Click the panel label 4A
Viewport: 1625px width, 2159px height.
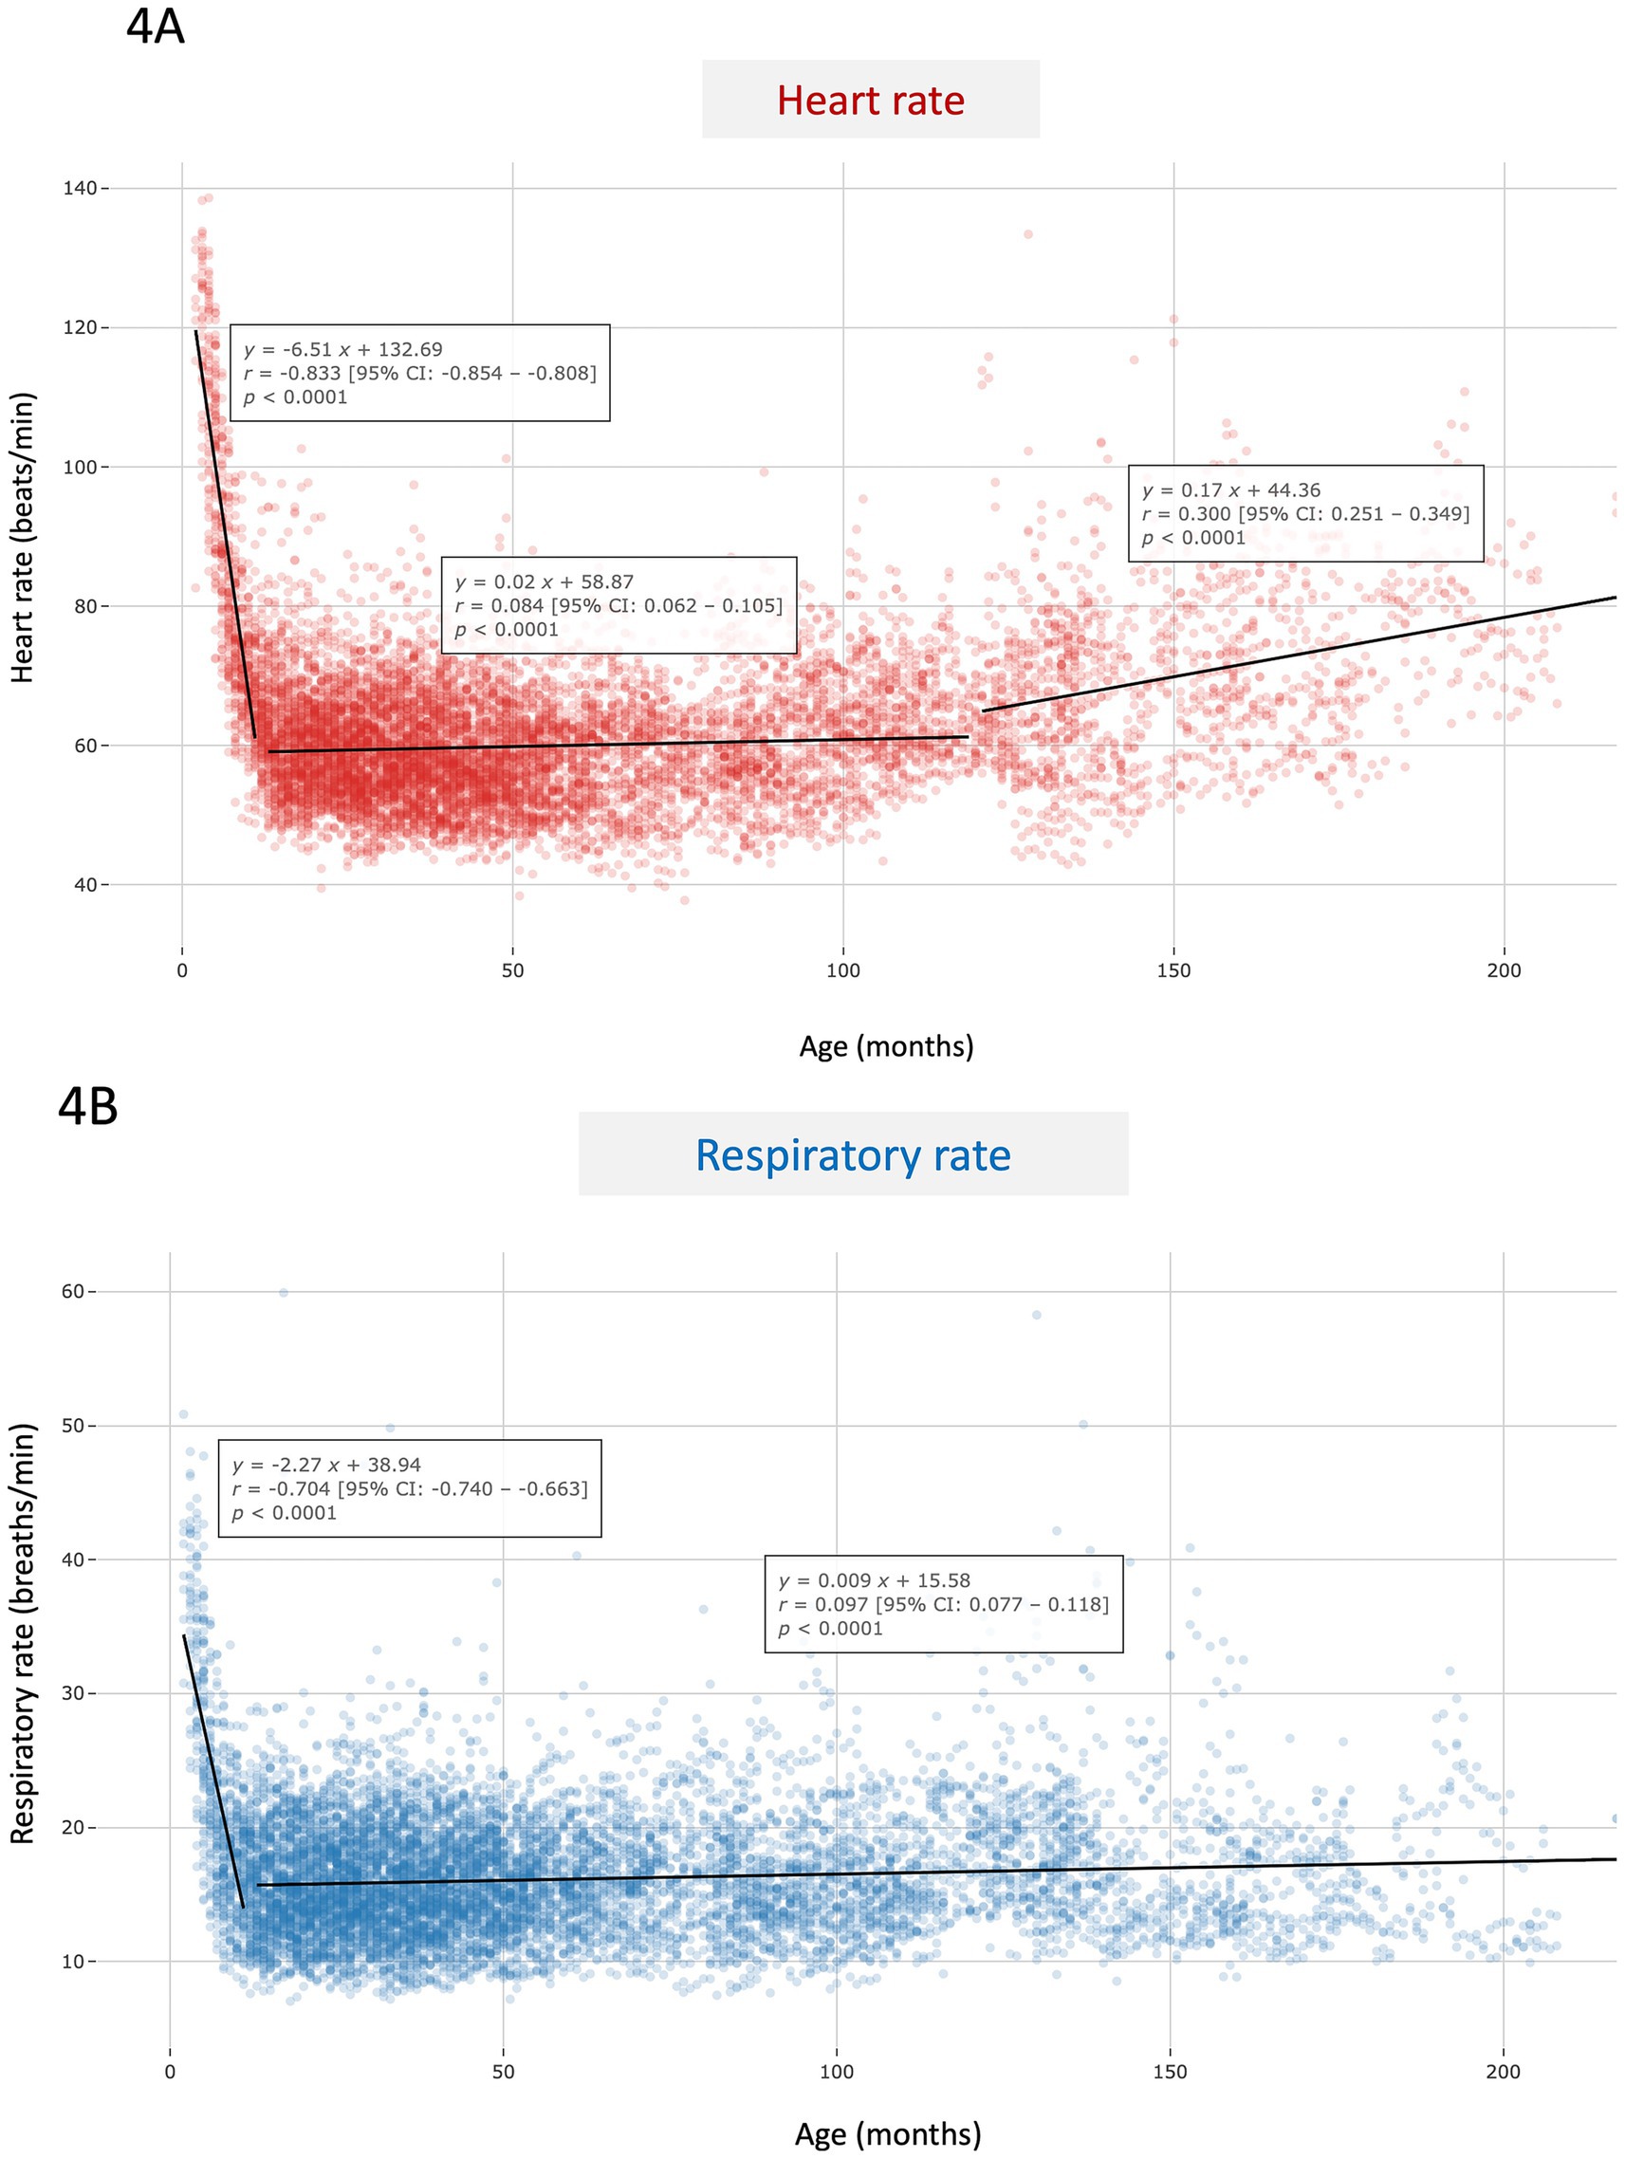pyautogui.click(x=156, y=27)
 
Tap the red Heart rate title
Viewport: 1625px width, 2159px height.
pyautogui.click(x=870, y=101)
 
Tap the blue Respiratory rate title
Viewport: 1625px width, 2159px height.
pyautogui.click(x=852, y=1154)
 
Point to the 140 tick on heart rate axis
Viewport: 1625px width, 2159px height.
pyautogui.click(x=80, y=189)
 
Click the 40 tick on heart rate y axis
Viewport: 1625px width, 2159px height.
pyautogui.click(x=85, y=885)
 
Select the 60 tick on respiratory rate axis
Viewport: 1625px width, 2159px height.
pyautogui.click(x=73, y=1291)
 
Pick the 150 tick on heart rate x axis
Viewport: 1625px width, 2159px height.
pyautogui.click(x=1173, y=971)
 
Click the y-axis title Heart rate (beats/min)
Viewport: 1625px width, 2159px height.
pyautogui.click(x=24, y=537)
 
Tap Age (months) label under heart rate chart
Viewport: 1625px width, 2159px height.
pyautogui.click(x=886, y=1046)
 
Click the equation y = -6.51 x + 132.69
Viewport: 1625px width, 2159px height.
pyautogui.click(x=342, y=349)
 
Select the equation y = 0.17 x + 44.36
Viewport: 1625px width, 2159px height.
pyautogui.click(x=1230, y=491)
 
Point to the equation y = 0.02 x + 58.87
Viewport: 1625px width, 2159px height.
pyautogui.click(x=544, y=582)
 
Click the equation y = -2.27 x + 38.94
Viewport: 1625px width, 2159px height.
pyautogui.click(x=326, y=1465)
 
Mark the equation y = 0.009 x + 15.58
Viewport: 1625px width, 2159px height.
pyautogui.click(x=874, y=1580)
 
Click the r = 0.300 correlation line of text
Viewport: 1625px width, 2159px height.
pyautogui.click(x=1305, y=514)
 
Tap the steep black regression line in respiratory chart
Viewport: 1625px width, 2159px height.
pyautogui.click(x=213, y=1769)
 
